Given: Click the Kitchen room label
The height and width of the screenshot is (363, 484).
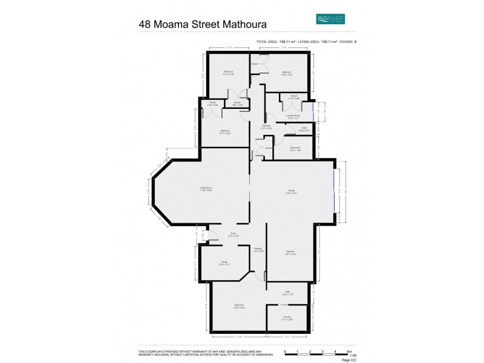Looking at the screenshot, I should pyautogui.click(x=290, y=252).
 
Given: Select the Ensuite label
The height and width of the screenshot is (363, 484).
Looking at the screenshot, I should pyautogui.click(x=287, y=316).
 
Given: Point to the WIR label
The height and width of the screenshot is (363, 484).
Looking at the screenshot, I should pyautogui.click(x=288, y=293).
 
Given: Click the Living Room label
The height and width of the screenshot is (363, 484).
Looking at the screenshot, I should pyautogui.click(x=206, y=189).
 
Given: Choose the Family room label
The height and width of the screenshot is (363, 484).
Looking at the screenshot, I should pyautogui.click(x=291, y=192).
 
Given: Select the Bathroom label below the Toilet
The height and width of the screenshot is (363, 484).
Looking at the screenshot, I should pyautogui.click(x=295, y=148).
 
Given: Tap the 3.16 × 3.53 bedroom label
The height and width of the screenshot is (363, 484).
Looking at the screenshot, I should pyautogui.click(x=228, y=73).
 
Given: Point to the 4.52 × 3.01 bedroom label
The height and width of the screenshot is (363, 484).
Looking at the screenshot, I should pyautogui.click(x=287, y=74).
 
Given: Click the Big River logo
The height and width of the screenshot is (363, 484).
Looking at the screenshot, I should pyautogui.click(x=330, y=19).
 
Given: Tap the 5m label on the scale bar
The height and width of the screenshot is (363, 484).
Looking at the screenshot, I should pyautogui.click(x=349, y=352).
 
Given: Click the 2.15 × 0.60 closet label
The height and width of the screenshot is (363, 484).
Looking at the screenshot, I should pyautogui.click(x=293, y=97).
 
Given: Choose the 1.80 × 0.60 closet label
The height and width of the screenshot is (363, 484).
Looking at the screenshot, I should pyautogui.click(x=212, y=104).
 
